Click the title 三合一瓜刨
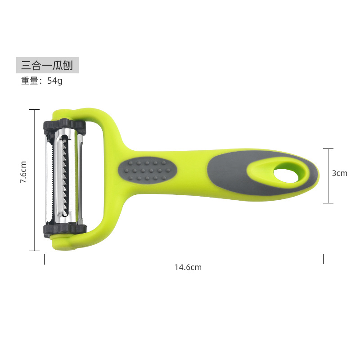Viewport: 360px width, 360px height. (x=47, y=66)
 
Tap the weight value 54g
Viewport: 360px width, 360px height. (x=55, y=81)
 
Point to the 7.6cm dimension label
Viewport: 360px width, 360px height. (x=24, y=173)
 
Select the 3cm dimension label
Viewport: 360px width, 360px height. (x=340, y=173)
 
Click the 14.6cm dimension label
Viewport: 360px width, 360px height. (x=188, y=267)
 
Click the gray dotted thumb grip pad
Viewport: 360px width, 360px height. (x=147, y=170)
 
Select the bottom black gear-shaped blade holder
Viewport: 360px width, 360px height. (x=65, y=228)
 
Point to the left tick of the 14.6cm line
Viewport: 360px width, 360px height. (x=44, y=259)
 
